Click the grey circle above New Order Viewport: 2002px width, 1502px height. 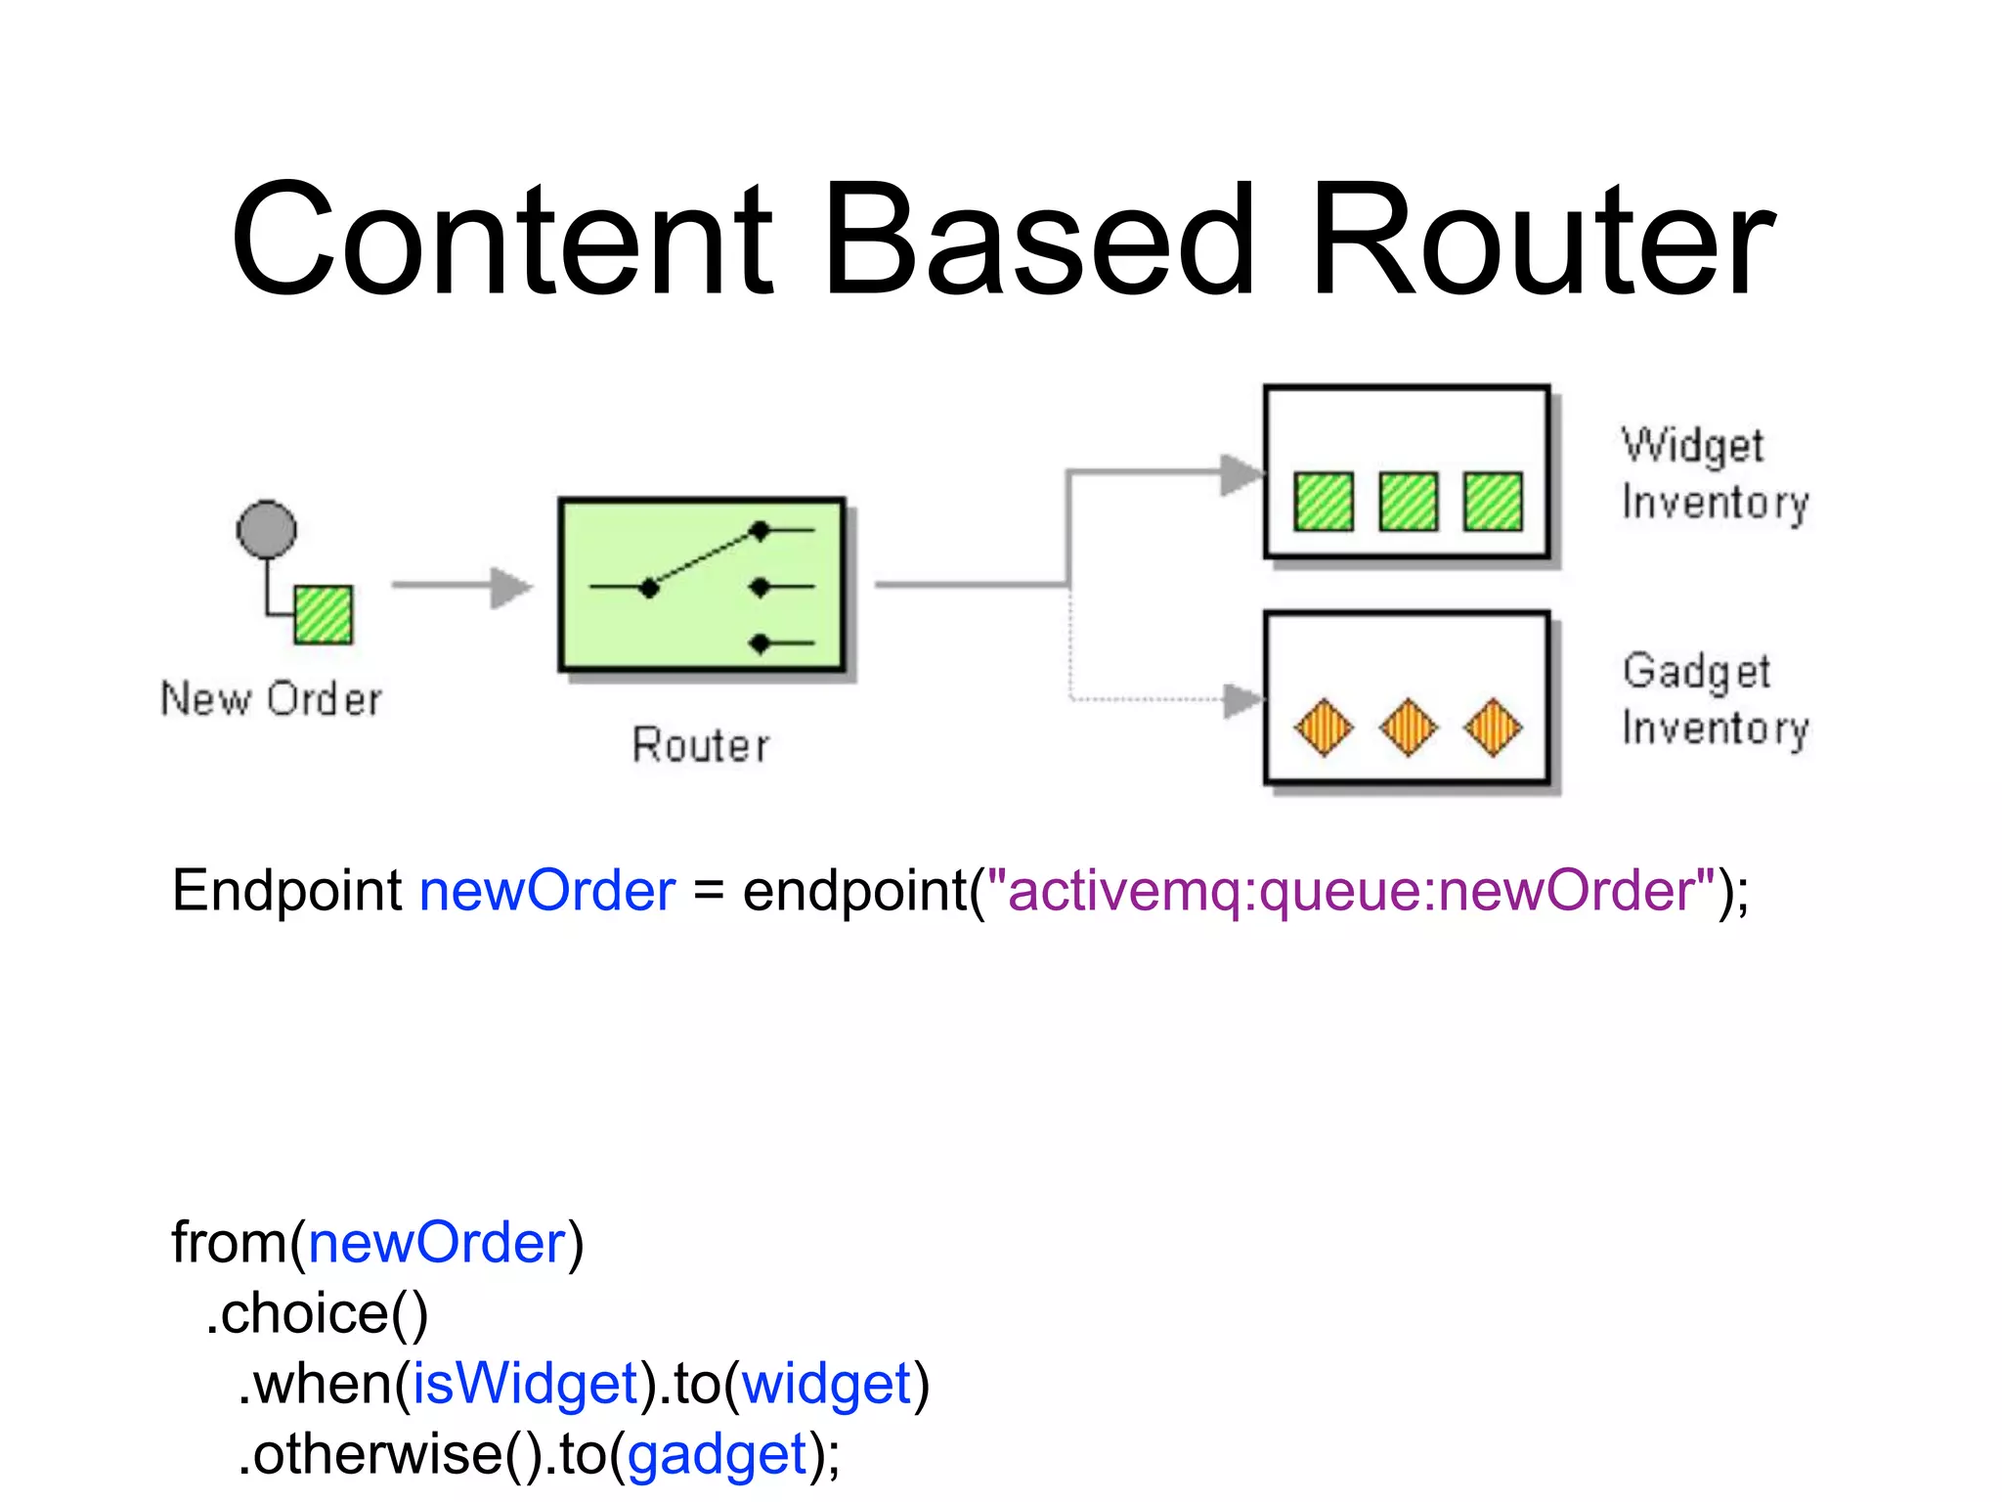pos(266,530)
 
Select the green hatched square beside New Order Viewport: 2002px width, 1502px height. pos(324,614)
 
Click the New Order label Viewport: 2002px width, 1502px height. pos(271,699)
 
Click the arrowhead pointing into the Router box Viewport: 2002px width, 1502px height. pos(511,587)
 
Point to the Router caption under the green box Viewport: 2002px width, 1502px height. pos(700,745)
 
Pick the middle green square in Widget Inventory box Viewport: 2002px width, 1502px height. pos(1408,501)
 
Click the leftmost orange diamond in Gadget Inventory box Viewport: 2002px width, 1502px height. pos(1324,727)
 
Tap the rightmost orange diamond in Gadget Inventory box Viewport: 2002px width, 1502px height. pos(1493,727)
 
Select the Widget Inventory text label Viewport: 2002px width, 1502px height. pos(1714,474)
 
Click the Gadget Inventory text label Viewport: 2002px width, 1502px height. pos(1715,700)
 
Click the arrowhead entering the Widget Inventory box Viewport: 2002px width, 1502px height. pos(1242,474)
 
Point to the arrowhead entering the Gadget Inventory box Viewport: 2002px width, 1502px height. pos(1243,700)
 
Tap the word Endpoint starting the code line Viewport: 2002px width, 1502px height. pos(286,891)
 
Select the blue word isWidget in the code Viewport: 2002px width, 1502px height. pos(525,1384)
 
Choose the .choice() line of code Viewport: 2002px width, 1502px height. pos(318,1313)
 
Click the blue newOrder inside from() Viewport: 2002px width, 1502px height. pos(437,1243)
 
